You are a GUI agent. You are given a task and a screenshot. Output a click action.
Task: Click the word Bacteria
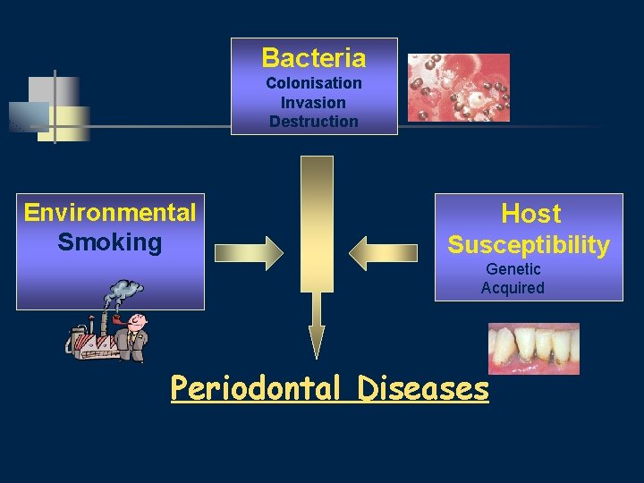(x=313, y=58)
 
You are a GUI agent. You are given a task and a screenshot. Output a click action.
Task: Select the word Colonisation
(x=313, y=83)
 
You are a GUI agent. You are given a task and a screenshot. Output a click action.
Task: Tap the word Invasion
(x=313, y=102)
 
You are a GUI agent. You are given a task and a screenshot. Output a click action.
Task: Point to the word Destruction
(x=313, y=122)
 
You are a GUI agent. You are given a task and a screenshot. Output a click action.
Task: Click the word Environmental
(x=110, y=213)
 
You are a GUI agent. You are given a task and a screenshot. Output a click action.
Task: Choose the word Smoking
(x=110, y=242)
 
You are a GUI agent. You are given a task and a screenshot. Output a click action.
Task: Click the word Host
(x=530, y=214)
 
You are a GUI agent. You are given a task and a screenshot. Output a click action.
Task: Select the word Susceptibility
(x=529, y=245)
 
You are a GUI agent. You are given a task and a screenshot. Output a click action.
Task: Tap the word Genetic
(x=513, y=269)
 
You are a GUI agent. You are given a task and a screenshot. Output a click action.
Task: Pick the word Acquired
(x=513, y=288)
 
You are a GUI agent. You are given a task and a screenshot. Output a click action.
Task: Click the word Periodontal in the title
(x=256, y=388)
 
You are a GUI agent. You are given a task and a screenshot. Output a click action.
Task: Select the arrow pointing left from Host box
(x=383, y=253)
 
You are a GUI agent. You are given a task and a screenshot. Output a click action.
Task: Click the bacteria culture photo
(x=458, y=87)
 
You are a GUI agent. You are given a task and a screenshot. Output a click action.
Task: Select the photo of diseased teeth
(x=533, y=348)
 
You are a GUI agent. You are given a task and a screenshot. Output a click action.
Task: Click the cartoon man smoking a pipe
(x=134, y=336)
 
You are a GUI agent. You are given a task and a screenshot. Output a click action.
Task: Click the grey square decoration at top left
(x=52, y=92)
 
